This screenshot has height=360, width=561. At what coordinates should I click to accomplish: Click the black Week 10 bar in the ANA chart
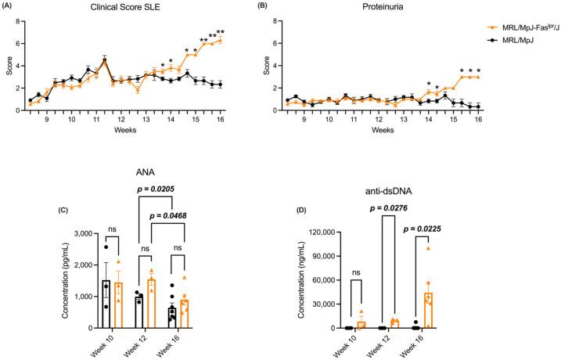pos(106,304)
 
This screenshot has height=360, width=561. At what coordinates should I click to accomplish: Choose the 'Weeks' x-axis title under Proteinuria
pos(382,129)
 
